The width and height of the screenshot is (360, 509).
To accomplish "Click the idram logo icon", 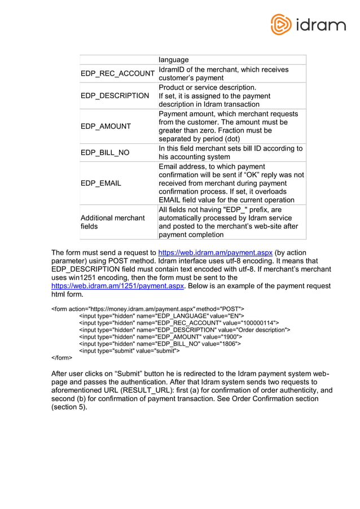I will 280,25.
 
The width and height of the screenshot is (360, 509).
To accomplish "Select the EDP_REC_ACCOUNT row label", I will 117,74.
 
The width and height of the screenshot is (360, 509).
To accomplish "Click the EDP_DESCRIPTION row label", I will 115,96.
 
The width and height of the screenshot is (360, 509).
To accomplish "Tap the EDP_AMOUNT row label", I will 106,126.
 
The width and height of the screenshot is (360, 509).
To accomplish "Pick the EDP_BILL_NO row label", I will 105,152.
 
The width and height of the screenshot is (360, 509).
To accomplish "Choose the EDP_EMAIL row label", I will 100,183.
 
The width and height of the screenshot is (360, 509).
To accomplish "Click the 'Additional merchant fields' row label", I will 112,222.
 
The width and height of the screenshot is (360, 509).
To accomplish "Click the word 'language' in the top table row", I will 173,60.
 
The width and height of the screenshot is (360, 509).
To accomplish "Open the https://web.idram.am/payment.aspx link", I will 216,252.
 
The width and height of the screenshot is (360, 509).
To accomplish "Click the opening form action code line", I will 148,309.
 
